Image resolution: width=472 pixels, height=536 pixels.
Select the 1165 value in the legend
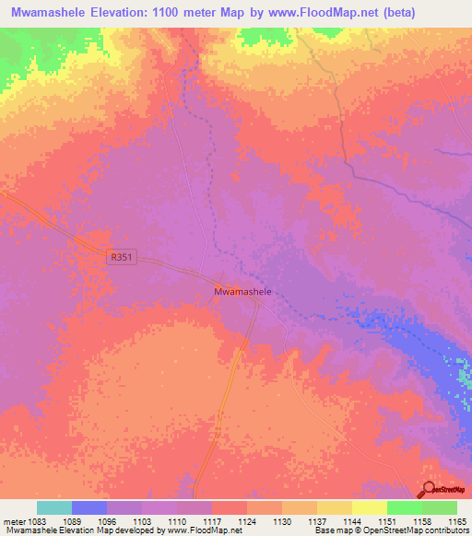coord(458,520)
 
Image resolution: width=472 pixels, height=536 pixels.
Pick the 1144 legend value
coord(351,520)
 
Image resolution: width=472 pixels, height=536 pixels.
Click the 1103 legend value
coord(140,520)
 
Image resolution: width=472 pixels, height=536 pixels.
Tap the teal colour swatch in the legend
coord(54,507)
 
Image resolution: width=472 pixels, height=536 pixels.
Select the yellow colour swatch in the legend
coord(369,507)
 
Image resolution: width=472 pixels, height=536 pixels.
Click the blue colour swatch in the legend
coord(89,507)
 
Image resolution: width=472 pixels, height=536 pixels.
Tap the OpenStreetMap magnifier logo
coord(429,489)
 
